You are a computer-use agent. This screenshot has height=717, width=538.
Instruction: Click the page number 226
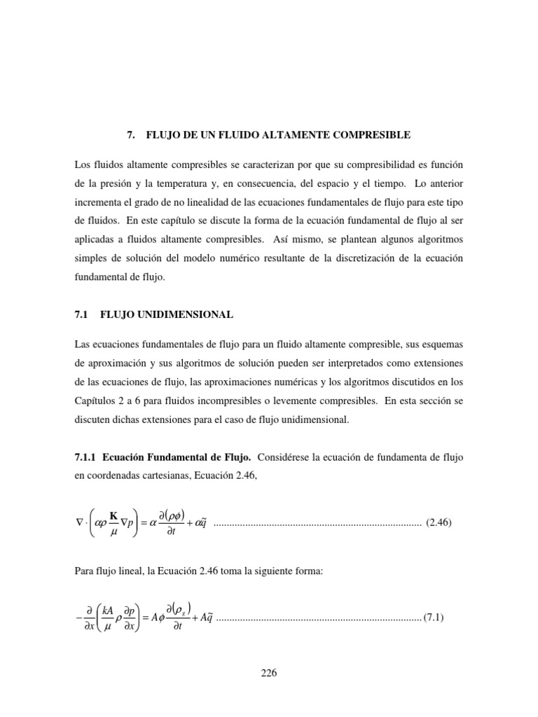coord(269,674)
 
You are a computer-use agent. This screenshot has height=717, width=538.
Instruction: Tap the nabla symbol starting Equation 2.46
coord(77,522)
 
